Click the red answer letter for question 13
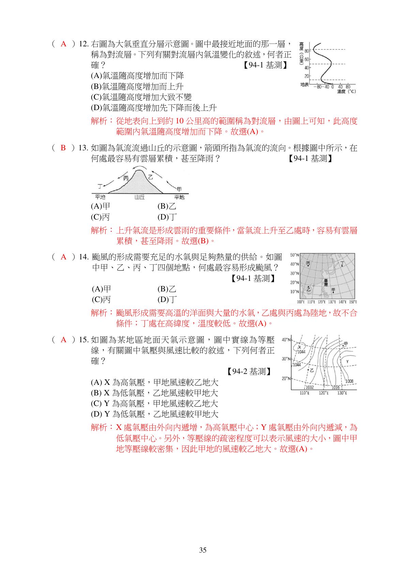point(63,148)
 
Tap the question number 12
point(84,44)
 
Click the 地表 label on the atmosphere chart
point(304,85)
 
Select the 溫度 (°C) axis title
point(346,91)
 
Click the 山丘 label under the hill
point(139,197)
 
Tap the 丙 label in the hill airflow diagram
point(126,178)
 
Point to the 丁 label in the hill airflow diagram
point(100,186)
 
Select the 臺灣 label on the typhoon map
point(326,283)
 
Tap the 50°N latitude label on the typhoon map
point(294,255)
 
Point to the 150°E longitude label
point(352,302)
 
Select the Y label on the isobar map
point(347,362)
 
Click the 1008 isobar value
point(349,381)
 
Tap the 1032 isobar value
point(309,387)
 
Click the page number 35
point(203,550)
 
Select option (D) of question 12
point(153,108)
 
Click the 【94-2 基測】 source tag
point(249,372)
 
